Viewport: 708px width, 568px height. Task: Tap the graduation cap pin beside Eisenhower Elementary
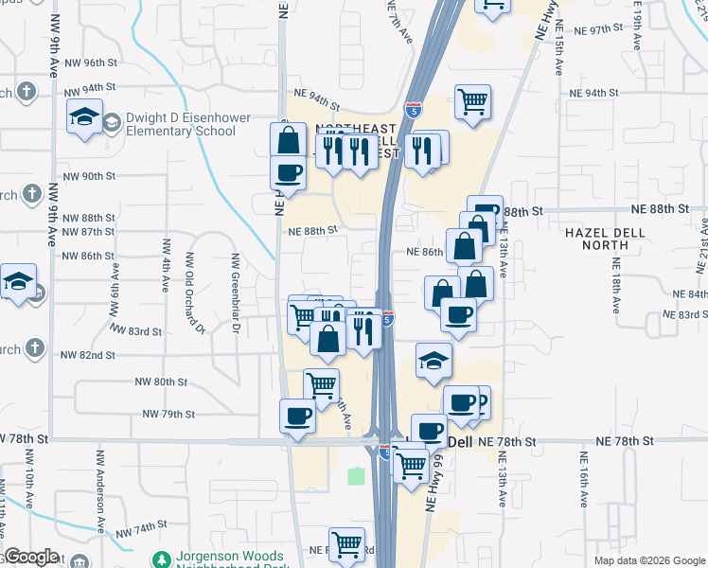[x=84, y=117]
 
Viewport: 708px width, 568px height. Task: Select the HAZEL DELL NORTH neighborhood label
[x=605, y=239]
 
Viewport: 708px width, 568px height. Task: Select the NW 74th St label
[x=142, y=524]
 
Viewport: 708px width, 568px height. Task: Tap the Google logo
[x=30, y=558]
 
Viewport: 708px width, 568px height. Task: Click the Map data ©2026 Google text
[x=648, y=560]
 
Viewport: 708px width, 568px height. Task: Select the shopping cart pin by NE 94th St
[x=472, y=101]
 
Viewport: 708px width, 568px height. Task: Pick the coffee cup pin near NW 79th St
[x=297, y=416]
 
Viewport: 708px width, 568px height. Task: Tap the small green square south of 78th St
[x=356, y=476]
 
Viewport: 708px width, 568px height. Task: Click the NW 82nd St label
[x=88, y=355]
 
